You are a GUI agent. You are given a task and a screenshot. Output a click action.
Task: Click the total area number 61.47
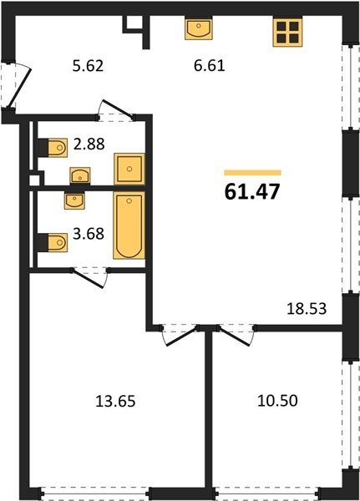[x=252, y=192]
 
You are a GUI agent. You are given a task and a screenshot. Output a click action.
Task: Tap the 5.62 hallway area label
[x=88, y=67]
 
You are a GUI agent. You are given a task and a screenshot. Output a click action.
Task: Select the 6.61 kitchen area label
[x=210, y=66]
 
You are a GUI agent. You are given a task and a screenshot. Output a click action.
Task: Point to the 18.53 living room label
[x=307, y=309]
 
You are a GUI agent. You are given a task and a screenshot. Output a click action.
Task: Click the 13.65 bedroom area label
[x=115, y=402]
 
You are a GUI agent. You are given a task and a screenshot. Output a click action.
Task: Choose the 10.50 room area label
[x=277, y=401]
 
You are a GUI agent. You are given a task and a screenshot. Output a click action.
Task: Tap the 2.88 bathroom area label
[x=89, y=144]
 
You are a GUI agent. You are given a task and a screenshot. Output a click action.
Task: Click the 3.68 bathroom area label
[x=89, y=234]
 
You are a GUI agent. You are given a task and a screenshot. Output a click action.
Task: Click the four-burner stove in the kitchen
[x=287, y=32]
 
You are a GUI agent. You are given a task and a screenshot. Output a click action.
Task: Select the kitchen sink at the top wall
[x=199, y=29]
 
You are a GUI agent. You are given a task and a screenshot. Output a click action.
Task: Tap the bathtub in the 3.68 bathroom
[x=129, y=225]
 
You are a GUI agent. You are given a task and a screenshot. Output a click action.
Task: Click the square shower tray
[x=129, y=169]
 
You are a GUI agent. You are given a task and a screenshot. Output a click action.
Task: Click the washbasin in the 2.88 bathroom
[x=80, y=175]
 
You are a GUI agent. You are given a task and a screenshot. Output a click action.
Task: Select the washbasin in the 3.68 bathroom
[x=74, y=201]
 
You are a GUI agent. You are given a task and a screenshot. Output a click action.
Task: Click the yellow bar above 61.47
[x=252, y=173]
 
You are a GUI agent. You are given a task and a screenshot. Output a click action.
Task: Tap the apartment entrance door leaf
[x=19, y=89]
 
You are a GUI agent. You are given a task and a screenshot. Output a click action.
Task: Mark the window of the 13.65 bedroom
[x=95, y=493]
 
